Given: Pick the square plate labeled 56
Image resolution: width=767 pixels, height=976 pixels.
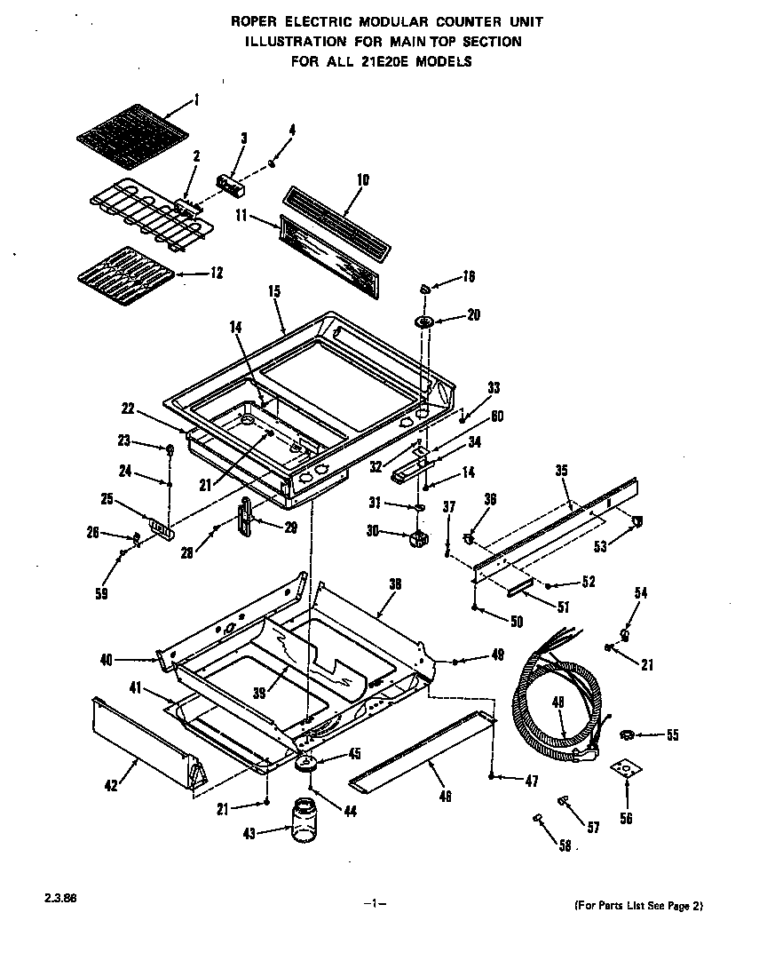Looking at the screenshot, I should click(x=627, y=769).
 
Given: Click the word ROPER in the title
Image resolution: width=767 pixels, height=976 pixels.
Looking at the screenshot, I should click(x=253, y=20).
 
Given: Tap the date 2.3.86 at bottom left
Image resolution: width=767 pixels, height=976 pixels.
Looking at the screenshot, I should click(x=59, y=898).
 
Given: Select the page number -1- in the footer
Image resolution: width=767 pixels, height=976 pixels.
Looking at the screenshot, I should click(x=375, y=904).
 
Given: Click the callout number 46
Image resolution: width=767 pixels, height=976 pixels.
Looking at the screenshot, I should click(x=444, y=796).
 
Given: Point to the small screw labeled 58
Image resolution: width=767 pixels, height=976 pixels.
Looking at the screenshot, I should click(x=538, y=817).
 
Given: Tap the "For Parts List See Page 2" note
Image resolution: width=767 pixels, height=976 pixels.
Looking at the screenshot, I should click(x=637, y=906).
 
